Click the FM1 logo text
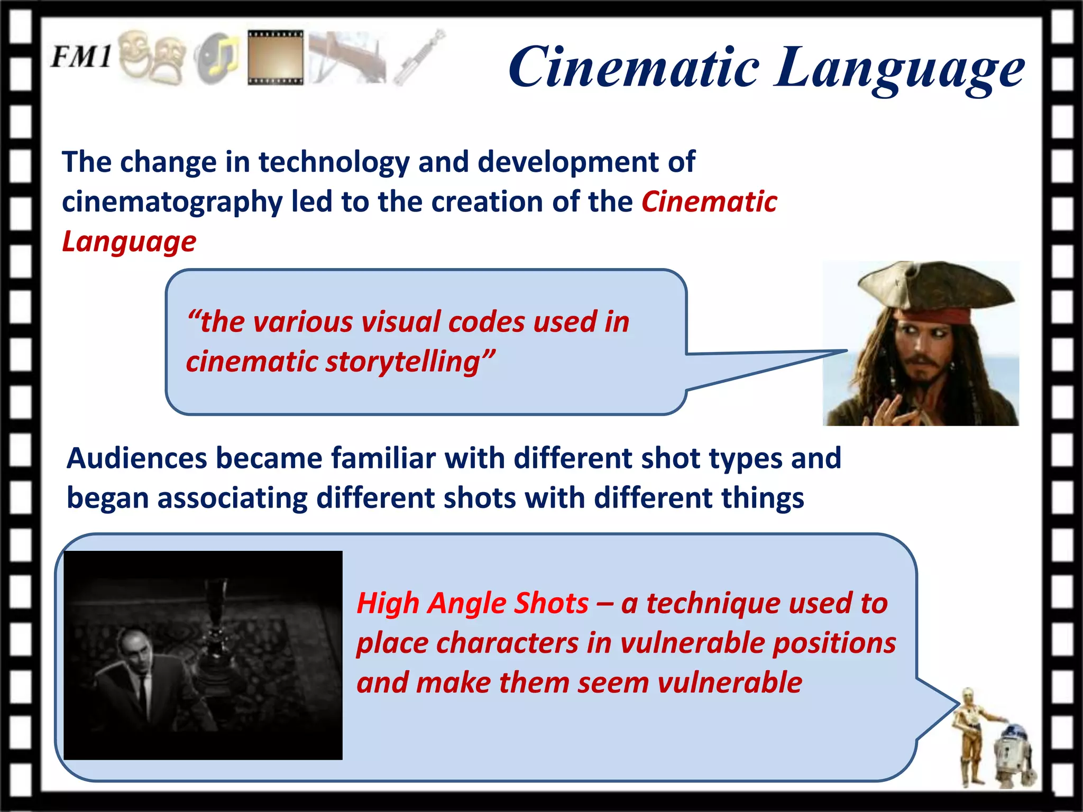point(81,56)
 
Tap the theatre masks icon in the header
point(152,57)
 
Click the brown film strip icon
point(276,57)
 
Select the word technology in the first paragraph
point(334,161)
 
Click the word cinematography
point(172,202)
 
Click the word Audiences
point(136,458)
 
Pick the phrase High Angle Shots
point(472,603)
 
